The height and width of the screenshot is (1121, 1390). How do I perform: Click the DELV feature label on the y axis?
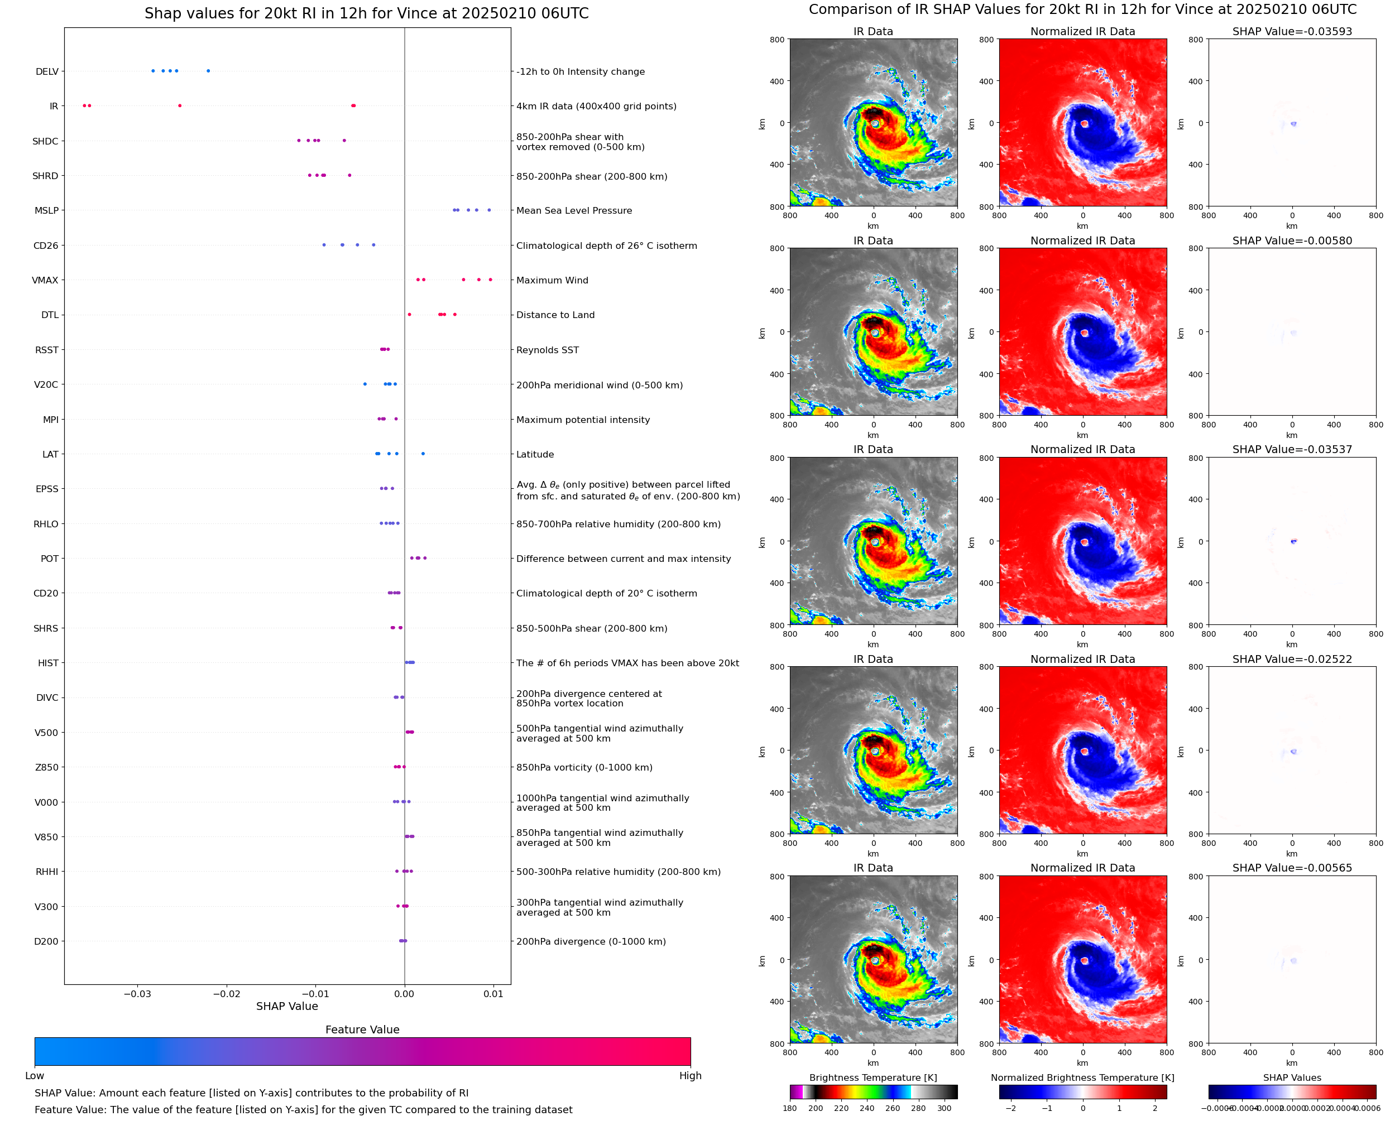46,71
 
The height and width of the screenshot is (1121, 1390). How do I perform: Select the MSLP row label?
46,210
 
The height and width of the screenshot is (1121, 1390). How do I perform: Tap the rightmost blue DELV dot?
208,71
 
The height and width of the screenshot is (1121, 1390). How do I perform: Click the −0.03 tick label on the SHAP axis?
137,994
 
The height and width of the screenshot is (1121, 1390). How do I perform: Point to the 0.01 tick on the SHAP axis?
493,994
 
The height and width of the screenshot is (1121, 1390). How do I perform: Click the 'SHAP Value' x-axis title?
287,1006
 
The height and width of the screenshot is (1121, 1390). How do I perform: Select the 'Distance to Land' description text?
555,315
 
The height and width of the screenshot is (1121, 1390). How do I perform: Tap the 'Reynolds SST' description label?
547,350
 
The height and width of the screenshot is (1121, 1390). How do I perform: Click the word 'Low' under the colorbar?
34,1075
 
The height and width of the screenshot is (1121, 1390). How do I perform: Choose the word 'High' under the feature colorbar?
690,1075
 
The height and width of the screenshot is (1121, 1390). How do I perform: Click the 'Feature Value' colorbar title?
362,1029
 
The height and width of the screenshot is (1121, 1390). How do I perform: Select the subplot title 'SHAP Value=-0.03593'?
1292,32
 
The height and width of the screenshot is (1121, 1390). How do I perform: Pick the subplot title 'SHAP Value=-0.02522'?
1292,660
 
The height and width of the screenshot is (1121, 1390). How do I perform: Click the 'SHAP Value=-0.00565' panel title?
1292,868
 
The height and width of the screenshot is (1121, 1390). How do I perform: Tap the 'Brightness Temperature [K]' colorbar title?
873,1077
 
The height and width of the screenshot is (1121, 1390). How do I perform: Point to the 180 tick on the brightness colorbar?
789,1108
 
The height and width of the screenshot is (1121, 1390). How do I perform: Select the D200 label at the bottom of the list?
46,941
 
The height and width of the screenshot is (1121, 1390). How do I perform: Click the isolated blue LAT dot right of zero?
423,453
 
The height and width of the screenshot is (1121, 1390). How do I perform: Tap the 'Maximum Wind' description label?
552,280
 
